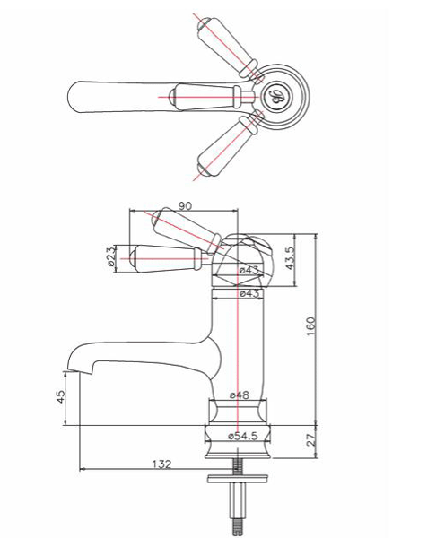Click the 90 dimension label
pyautogui.click(x=186, y=205)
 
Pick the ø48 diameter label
pyautogui.click(x=239, y=395)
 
